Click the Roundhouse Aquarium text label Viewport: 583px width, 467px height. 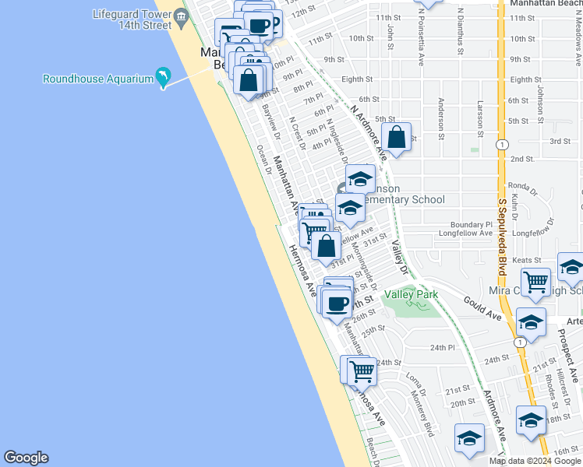97,79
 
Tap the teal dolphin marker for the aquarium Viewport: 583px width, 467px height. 163,76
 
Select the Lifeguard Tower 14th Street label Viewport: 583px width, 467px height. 132,19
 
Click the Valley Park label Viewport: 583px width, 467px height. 411,294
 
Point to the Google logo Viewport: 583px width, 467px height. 26,458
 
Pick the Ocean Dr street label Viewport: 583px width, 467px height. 263,160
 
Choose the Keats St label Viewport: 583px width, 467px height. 527,259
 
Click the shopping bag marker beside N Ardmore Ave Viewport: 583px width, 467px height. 396,138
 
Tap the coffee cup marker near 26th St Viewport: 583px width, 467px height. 337,304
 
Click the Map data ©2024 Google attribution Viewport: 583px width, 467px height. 535,461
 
